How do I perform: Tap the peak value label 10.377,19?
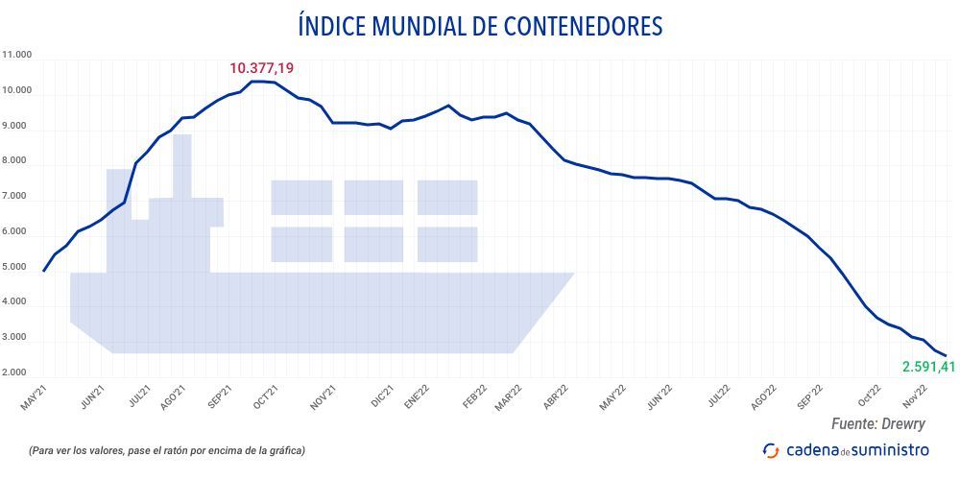tap(261, 68)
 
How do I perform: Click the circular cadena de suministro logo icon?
tap(771, 449)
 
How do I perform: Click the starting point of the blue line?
tap(44, 271)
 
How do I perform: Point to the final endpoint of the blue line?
tap(946, 356)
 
